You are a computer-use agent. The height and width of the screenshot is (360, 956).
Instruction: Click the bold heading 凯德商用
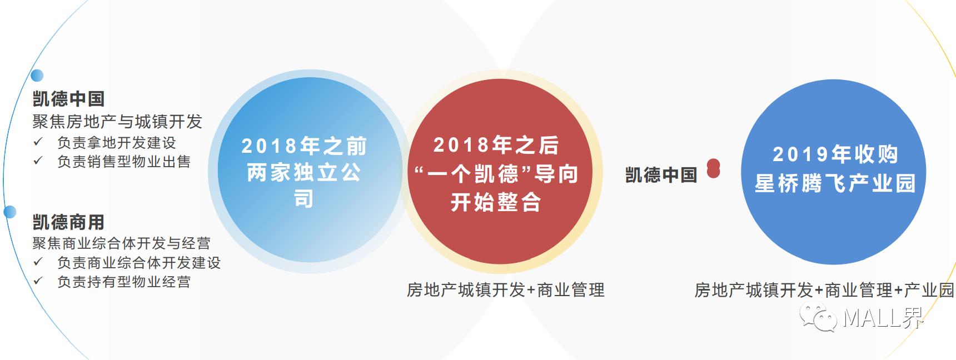pyautogui.click(x=68, y=222)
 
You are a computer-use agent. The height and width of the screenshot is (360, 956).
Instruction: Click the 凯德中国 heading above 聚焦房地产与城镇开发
pyautogui.click(x=68, y=99)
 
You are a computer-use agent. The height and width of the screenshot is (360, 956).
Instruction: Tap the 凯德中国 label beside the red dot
pyautogui.click(x=661, y=175)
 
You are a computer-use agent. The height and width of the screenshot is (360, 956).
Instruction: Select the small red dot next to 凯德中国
pyautogui.click(x=713, y=169)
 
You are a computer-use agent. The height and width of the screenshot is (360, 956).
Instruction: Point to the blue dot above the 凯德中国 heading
pyautogui.click(x=37, y=75)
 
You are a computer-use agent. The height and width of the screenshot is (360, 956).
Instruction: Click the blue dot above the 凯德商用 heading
pyautogui.click(x=9, y=212)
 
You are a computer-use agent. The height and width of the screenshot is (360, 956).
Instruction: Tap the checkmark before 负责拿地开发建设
pyautogui.click(x=38, y=142)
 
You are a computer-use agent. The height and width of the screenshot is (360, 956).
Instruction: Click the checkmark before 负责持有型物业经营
pyautogui.click(x=38, y=281)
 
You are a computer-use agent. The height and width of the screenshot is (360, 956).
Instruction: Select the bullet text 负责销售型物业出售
pyautogui.click(x=123, y=162)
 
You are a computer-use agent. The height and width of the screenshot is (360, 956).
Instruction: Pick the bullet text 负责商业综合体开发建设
pyautogui.click(x=138, y=262)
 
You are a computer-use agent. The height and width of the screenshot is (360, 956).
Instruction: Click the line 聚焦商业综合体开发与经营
pyautogui.click(x=121, y=243)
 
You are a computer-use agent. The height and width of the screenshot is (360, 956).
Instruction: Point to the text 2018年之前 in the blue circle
pyautogui.click(x=304, y=146)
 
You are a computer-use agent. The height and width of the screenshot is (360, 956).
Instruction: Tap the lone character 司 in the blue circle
pyautogui.click(x=303, y=198)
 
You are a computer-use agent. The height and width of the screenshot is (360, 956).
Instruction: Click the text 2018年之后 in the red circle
pyautogui.click(x=496, y=145)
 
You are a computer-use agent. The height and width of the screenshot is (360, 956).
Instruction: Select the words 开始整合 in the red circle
pyautogui.click(x=496, y=202)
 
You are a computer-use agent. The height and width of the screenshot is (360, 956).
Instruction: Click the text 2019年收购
pyautogui.click(x=835, y=154)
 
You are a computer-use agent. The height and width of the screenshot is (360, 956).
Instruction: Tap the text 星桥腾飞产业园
pyautogui.click(x=835, y=183)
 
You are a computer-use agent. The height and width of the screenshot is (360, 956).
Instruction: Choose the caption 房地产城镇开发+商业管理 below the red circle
pyautogui.click(x=505, y=289)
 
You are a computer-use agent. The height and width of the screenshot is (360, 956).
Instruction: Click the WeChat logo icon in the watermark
pyautogui.click(x=819, y=317)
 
